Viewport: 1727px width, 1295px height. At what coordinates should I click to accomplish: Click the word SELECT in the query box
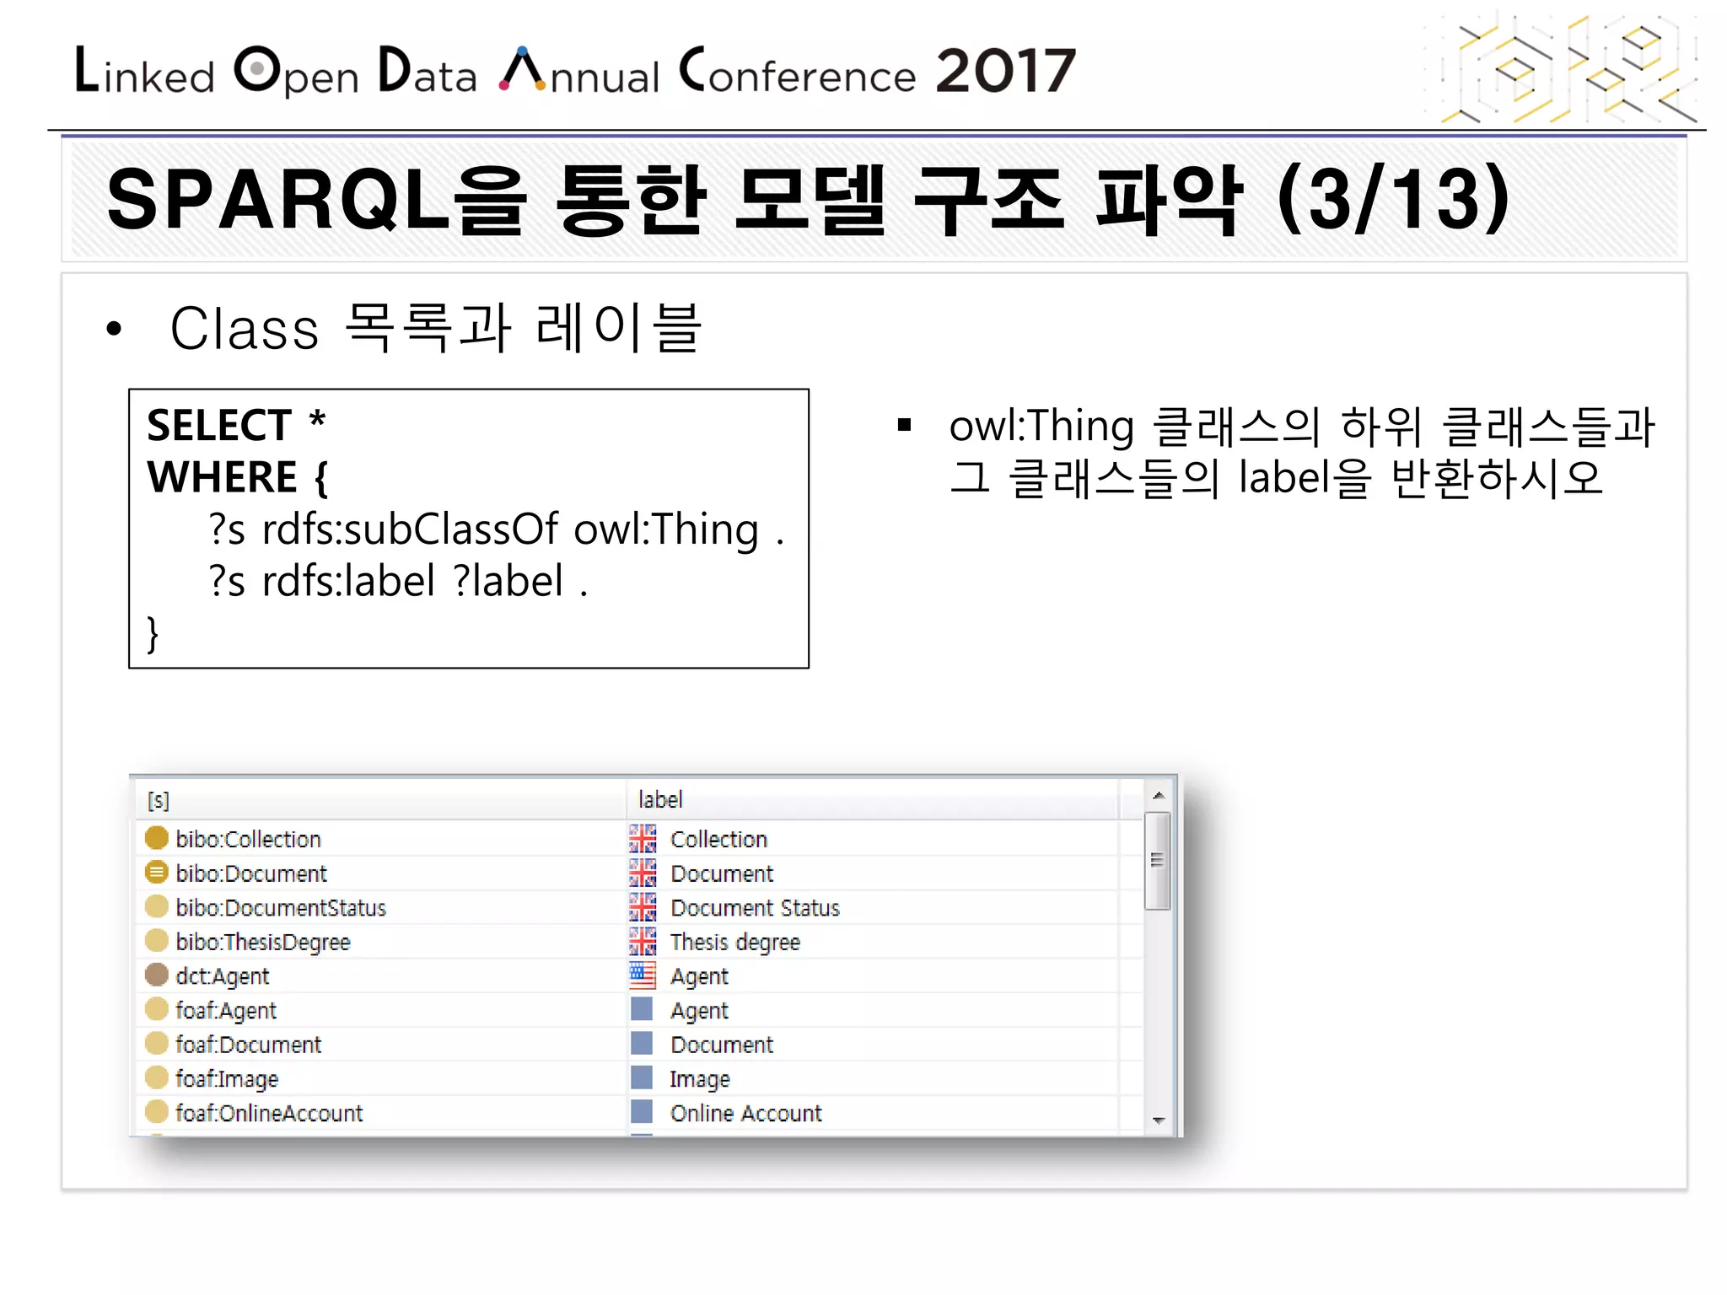[x=219, y=425]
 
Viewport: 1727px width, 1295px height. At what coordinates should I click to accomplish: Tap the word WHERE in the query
[x=223, y=477]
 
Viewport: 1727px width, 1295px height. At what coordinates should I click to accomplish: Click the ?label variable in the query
[x=508, y=582]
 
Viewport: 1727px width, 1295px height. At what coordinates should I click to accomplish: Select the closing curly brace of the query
[x=153, y=633]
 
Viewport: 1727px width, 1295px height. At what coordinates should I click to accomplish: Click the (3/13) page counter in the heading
[x=1393, y=200]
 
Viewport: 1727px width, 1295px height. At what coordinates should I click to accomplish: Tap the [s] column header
[x=159, y=800]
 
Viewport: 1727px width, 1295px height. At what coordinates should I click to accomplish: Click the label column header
[x=660, y=799]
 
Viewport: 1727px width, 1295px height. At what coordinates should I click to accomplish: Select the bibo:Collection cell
[x=248, y=839]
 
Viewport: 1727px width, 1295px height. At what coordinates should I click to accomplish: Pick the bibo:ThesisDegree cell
[x=262, y=942]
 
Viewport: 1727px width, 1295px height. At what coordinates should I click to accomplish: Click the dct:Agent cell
[x=222, y=976]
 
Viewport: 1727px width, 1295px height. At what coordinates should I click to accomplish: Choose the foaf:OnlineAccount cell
[x=268, y=1113]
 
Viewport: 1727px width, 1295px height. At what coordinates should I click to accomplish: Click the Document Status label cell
[x=755, y=908]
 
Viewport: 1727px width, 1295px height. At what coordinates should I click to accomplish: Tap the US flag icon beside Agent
[x=643, y=975]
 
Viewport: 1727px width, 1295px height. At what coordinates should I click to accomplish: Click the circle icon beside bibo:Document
[x=157, y=873]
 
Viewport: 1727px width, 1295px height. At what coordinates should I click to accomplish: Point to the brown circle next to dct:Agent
[x=157, y=975]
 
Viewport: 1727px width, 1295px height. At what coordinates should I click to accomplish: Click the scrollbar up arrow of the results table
[x=1159, y=795]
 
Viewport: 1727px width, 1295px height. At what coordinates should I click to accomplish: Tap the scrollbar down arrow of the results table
[x=1159, y=1120]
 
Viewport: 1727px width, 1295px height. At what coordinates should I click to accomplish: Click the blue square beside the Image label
[x=642, y=1077]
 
